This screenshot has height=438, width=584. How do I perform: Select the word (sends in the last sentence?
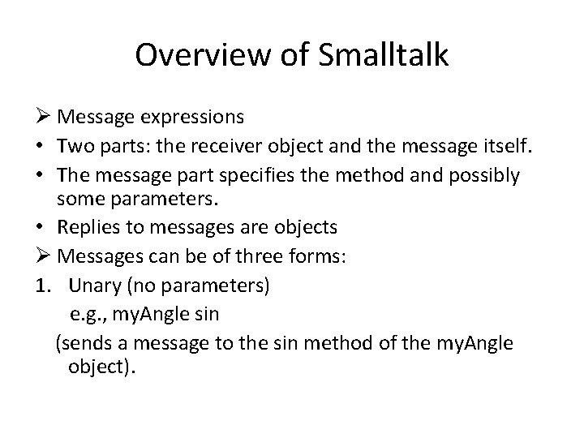[80, 344]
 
